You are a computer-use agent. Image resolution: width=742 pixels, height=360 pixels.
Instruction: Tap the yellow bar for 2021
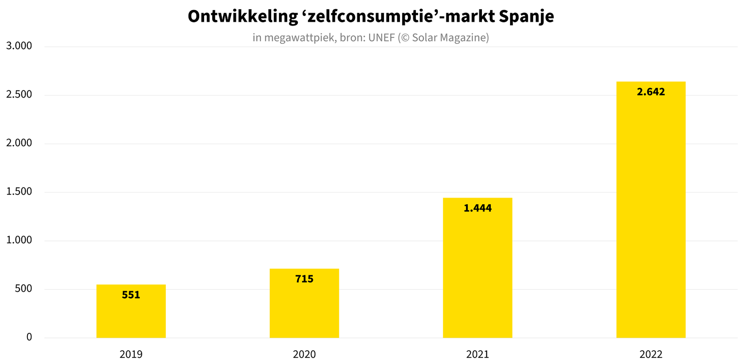477,270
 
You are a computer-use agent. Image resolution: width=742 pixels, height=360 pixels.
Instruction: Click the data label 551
131,295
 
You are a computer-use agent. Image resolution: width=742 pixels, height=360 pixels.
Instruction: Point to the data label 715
304,279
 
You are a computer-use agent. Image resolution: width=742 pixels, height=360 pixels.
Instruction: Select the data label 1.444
477,208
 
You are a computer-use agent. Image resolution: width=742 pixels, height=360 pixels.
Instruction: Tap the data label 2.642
651,92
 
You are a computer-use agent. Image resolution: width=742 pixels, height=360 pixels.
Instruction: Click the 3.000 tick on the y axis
19,46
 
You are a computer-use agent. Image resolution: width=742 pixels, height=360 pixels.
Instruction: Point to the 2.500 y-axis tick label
19,95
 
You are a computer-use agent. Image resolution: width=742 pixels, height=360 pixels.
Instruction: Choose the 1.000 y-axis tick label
19,240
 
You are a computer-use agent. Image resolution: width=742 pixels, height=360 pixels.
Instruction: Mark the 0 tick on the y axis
29,337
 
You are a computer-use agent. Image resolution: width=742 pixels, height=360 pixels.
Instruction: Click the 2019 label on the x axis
131,354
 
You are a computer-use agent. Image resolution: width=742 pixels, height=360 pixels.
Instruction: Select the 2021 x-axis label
477,354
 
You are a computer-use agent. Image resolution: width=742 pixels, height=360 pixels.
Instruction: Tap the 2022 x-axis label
651,354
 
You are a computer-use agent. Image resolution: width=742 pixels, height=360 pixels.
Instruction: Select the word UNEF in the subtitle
381,37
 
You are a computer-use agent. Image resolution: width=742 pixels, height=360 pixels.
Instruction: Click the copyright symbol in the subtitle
405,38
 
